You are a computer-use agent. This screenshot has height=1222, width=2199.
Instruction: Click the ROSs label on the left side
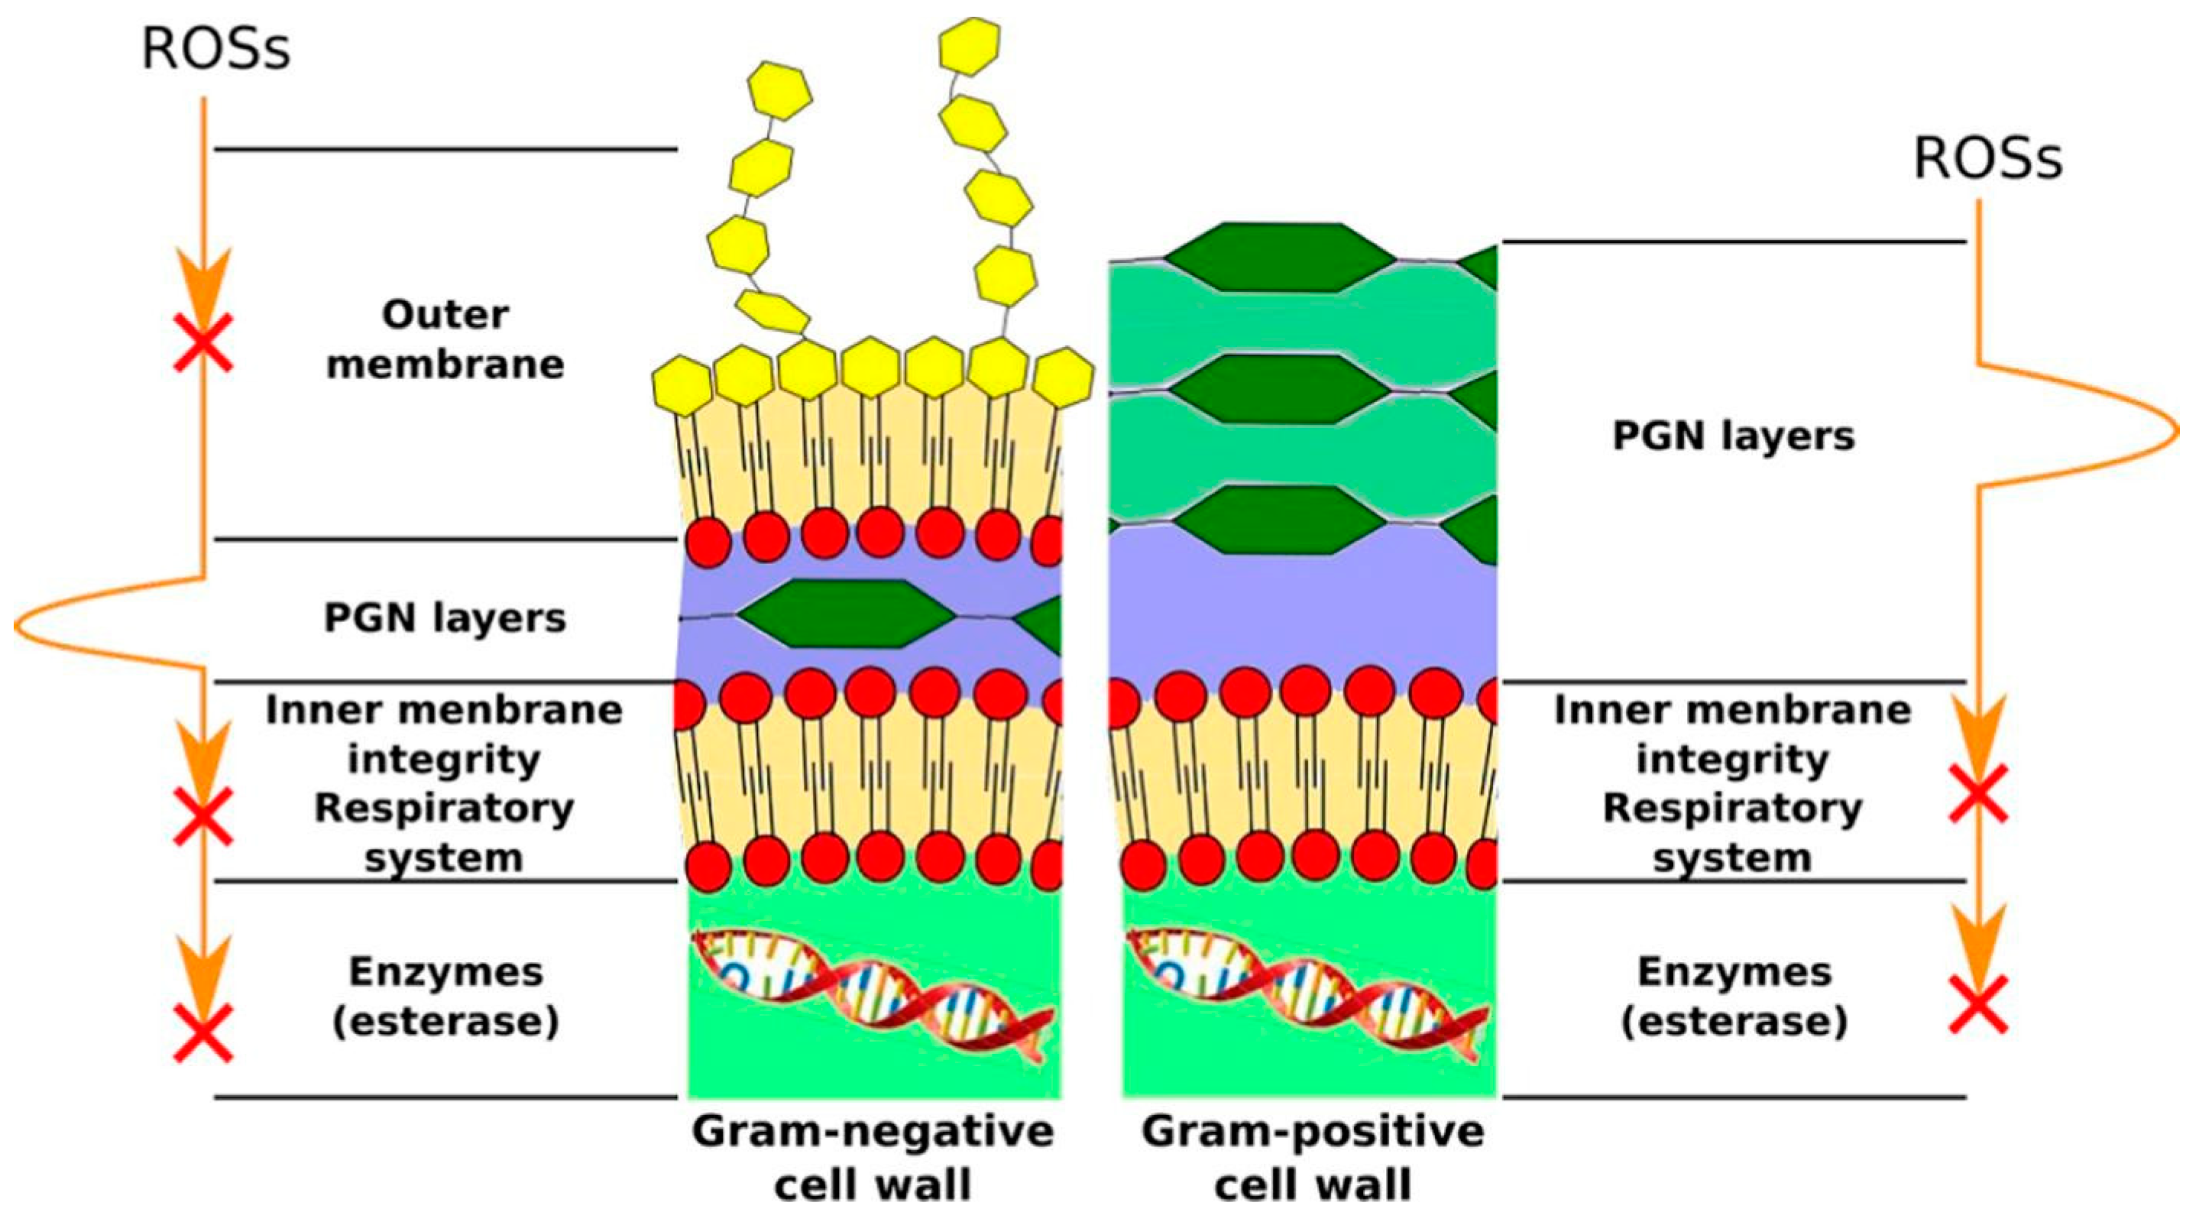tap(215, 50)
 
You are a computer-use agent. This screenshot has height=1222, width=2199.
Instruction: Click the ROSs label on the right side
tap(1987, 159)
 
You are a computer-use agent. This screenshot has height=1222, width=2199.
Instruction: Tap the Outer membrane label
tap(445, 339)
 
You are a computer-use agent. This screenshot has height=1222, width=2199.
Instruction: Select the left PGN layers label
tap(445, 617)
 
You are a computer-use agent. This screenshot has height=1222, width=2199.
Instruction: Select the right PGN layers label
tap(1733, 436)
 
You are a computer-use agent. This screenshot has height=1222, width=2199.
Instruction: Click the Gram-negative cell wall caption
tap(873, 1157)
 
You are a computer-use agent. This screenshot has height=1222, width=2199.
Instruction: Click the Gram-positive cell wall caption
tap(1313, 1157)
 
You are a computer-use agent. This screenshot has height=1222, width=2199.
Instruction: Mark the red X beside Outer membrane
tap(203, 342)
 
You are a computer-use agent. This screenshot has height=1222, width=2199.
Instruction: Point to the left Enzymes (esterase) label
tap(445, 997)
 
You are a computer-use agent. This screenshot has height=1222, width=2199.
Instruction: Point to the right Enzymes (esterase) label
tap(1734, 997)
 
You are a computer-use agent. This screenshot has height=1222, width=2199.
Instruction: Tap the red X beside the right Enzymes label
tap(1978, 1005)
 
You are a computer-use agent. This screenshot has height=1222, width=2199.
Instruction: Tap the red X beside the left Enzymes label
tap(203, 1032)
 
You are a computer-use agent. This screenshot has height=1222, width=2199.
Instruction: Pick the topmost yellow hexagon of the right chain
tap(968, 45)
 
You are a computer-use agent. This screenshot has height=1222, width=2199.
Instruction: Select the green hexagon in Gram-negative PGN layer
tap(845, 613)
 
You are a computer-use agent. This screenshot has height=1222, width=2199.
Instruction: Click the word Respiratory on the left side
tap(445, 809)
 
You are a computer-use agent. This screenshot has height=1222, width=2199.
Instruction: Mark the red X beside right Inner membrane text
tap(1978, 793)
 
